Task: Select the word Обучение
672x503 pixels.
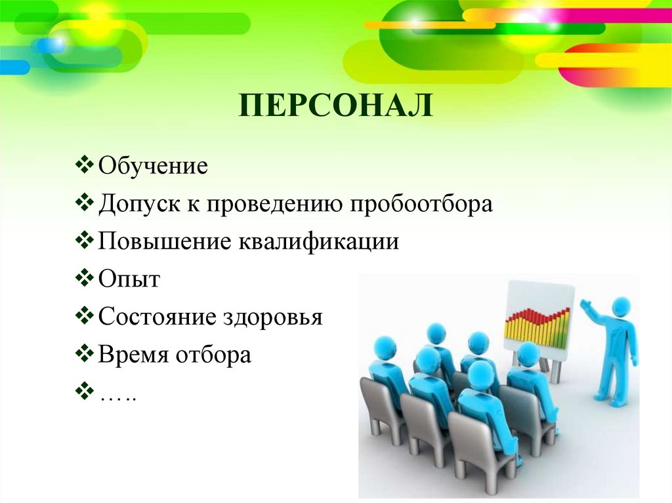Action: coord(153,166)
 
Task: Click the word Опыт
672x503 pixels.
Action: coord(129,279)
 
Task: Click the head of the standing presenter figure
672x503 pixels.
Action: coord(621,306)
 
